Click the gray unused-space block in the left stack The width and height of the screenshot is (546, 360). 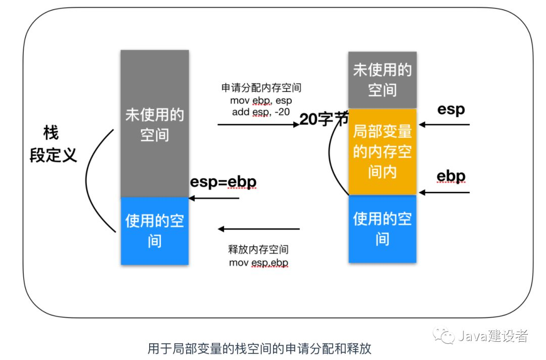[155, 123]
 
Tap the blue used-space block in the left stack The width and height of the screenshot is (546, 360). [155, 231]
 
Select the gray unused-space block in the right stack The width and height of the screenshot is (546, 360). [382, 80]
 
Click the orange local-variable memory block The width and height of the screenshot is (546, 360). [382, 152]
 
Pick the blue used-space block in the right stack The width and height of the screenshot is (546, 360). [382, 229]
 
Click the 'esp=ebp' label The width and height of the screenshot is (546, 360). [223, 182]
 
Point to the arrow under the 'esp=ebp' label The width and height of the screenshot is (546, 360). [214, 198]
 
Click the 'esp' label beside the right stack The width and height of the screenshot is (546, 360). [451, 109]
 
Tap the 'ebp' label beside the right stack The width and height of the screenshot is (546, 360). [451, 176]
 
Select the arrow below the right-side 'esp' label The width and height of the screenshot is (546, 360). [444, 124]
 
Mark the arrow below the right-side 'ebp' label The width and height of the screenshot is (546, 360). [444, 192]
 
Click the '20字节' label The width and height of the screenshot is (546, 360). [324, 119]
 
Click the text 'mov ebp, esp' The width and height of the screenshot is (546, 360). [261, 101]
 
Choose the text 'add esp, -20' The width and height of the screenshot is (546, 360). [261, 112]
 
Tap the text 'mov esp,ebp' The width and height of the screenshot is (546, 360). [258, 262]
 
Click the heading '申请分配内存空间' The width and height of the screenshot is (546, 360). [261, 88]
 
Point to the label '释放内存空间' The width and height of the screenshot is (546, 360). [258, 249]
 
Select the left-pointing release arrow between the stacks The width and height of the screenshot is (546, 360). [259, 229]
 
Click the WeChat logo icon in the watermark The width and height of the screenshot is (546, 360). [444, 336]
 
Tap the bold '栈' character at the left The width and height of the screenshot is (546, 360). [51, 133]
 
